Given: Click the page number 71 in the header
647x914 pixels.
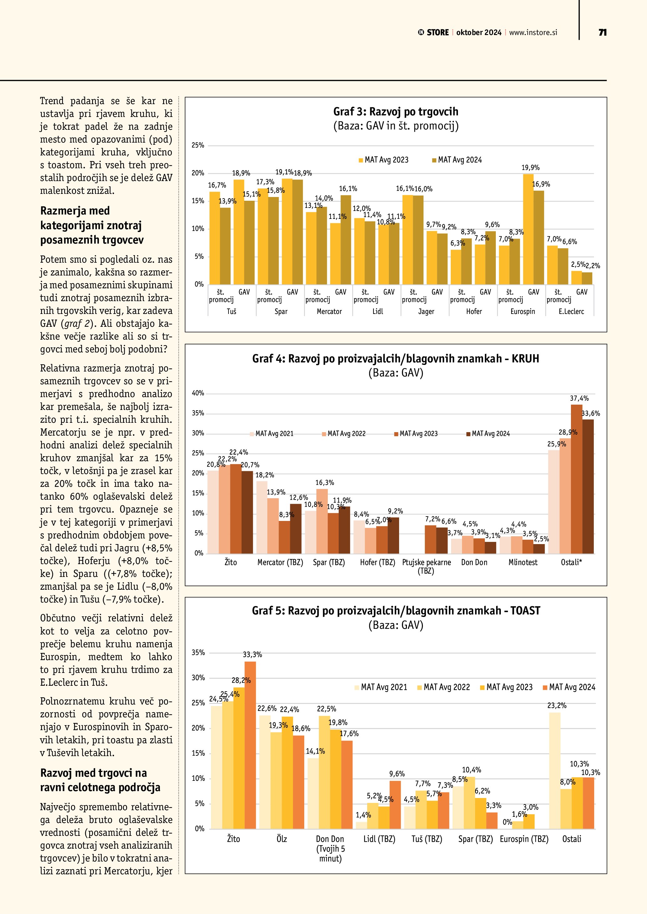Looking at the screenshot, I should point(602,33).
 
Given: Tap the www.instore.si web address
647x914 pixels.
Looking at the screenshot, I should point(533,33).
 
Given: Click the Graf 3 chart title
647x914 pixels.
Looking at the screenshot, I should point(396,111).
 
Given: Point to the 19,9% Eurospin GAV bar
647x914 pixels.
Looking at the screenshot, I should point(528,229).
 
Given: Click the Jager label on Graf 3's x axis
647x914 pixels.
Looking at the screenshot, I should point(426,311).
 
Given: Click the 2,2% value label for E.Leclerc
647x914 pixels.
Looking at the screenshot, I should point(593,265).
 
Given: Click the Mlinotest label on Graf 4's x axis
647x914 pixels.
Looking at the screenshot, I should point(523,562).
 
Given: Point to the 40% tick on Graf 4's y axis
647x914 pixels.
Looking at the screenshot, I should point(198,393).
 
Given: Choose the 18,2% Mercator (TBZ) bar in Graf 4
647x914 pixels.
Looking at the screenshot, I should point(262,517).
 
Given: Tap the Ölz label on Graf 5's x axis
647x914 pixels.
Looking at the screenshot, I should point(282,839).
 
